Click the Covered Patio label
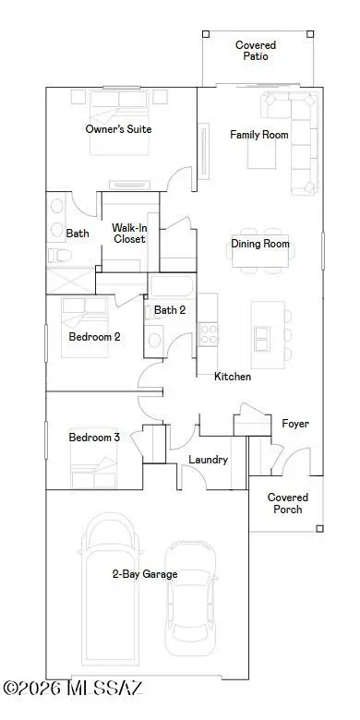coord(256,50)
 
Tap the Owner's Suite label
coord(118,129)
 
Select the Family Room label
coord(258,135)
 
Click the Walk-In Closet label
coord(130,233)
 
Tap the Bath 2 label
coord(170,310)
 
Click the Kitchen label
coord(233,377)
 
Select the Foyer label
coord(295,424)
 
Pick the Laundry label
coord(208,460)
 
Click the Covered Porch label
coord(288,503)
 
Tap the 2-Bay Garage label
coord(145,574)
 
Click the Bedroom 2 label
coord(94,337)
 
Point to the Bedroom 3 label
coord(94,437)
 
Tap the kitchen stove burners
coord(209,330)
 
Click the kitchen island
coord(261,330)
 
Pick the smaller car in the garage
coord(190,595)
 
